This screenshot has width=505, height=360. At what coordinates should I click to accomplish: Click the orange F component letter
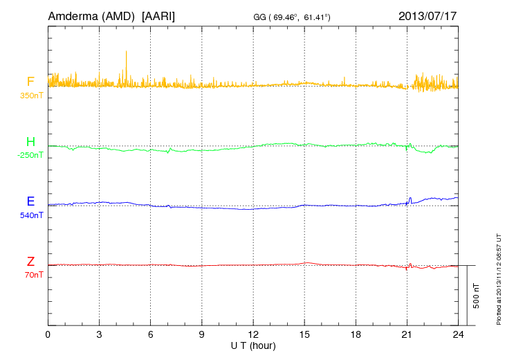click(x=30, y=82)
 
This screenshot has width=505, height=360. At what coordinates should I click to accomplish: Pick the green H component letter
click(x=30, y=142)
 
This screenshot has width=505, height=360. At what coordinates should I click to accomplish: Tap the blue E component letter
click(x=30, y=201)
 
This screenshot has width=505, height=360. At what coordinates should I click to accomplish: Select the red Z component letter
click(x=30, y=261)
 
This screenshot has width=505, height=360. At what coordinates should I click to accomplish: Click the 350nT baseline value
click(x=30, y=95)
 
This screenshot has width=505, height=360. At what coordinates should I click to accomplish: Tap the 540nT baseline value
click(x=30, y=215)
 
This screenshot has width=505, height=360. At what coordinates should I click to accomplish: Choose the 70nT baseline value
click(x=32, y=274)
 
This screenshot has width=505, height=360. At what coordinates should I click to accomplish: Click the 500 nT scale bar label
click(x=477, y=296)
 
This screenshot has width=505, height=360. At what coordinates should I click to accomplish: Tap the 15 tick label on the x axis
click(x=304, y=334)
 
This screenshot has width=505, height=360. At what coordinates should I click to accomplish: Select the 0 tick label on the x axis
click(x=48, y=334)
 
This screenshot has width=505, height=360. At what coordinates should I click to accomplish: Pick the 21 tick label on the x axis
click(x=407, y=334)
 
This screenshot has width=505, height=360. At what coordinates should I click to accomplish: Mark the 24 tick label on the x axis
click(x=458, y=334)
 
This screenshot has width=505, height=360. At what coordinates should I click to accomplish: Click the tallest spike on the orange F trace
click(x=126, y=51)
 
